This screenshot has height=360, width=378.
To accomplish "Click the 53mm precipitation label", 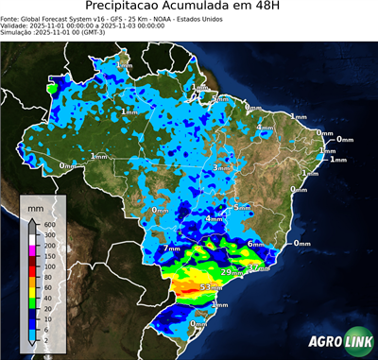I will [211, 286].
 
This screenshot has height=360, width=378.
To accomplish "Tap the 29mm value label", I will [231, 272].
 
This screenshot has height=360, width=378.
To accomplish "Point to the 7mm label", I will [171, 249].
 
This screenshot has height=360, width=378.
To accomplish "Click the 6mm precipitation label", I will [255, 244].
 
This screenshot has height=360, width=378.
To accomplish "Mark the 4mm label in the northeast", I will [266, 127].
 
